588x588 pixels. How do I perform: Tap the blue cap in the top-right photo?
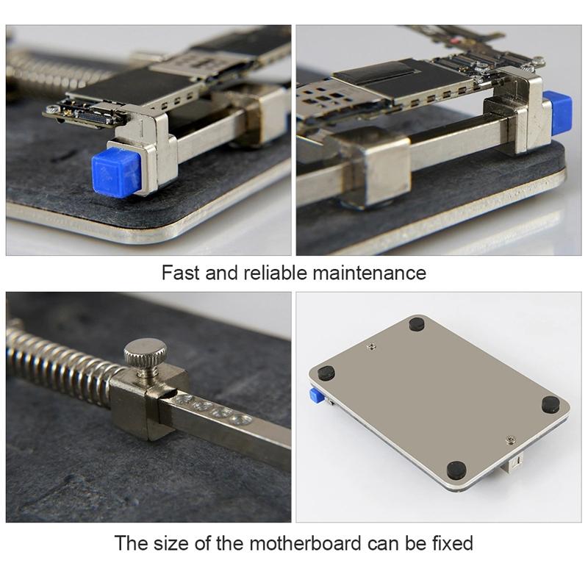coord(562,112)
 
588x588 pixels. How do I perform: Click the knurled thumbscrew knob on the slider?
coord(146,354)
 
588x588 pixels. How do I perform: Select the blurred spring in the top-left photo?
coord(51,71)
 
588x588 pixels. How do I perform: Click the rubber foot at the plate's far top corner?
coord(417,323)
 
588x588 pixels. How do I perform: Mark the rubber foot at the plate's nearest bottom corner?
coord(456,467)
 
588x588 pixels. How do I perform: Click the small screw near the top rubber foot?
coord(370,342)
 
